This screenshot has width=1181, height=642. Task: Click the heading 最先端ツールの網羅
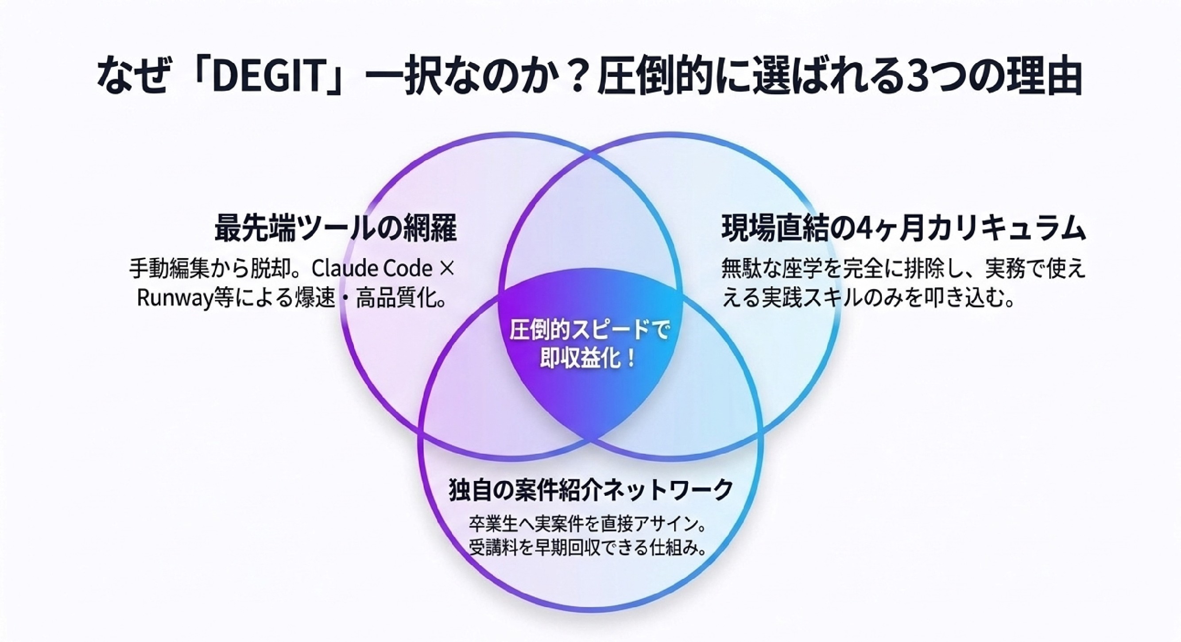tap(336, 228)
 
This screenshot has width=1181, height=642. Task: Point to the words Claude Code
tap(372, 269)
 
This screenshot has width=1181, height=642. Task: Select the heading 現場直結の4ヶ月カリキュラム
tap(904, 228)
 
